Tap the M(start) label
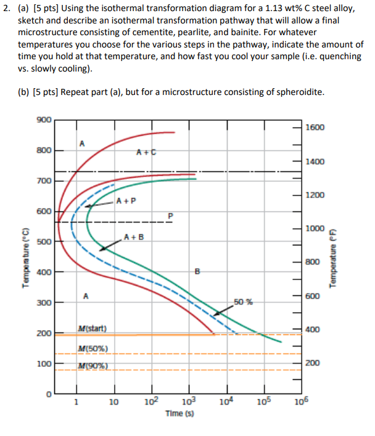click(93, 327)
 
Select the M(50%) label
click(94, 350)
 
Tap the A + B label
click(134, 237)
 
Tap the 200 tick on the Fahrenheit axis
click(312, 363)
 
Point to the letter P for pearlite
click(171, 215)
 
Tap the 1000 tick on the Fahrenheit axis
click(314, 229)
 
